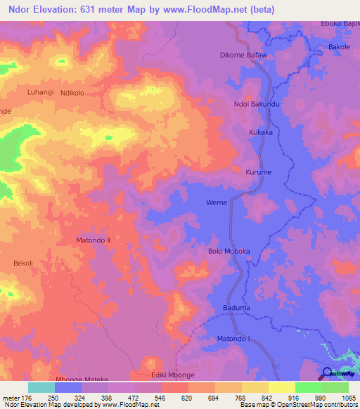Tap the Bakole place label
[339, 48]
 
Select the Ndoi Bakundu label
[257, 105]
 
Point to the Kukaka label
[260, 132]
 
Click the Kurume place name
[257, 172]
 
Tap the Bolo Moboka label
[229, 251]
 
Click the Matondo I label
[233, 339]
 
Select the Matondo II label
[94, 240]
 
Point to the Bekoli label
[23, 264]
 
